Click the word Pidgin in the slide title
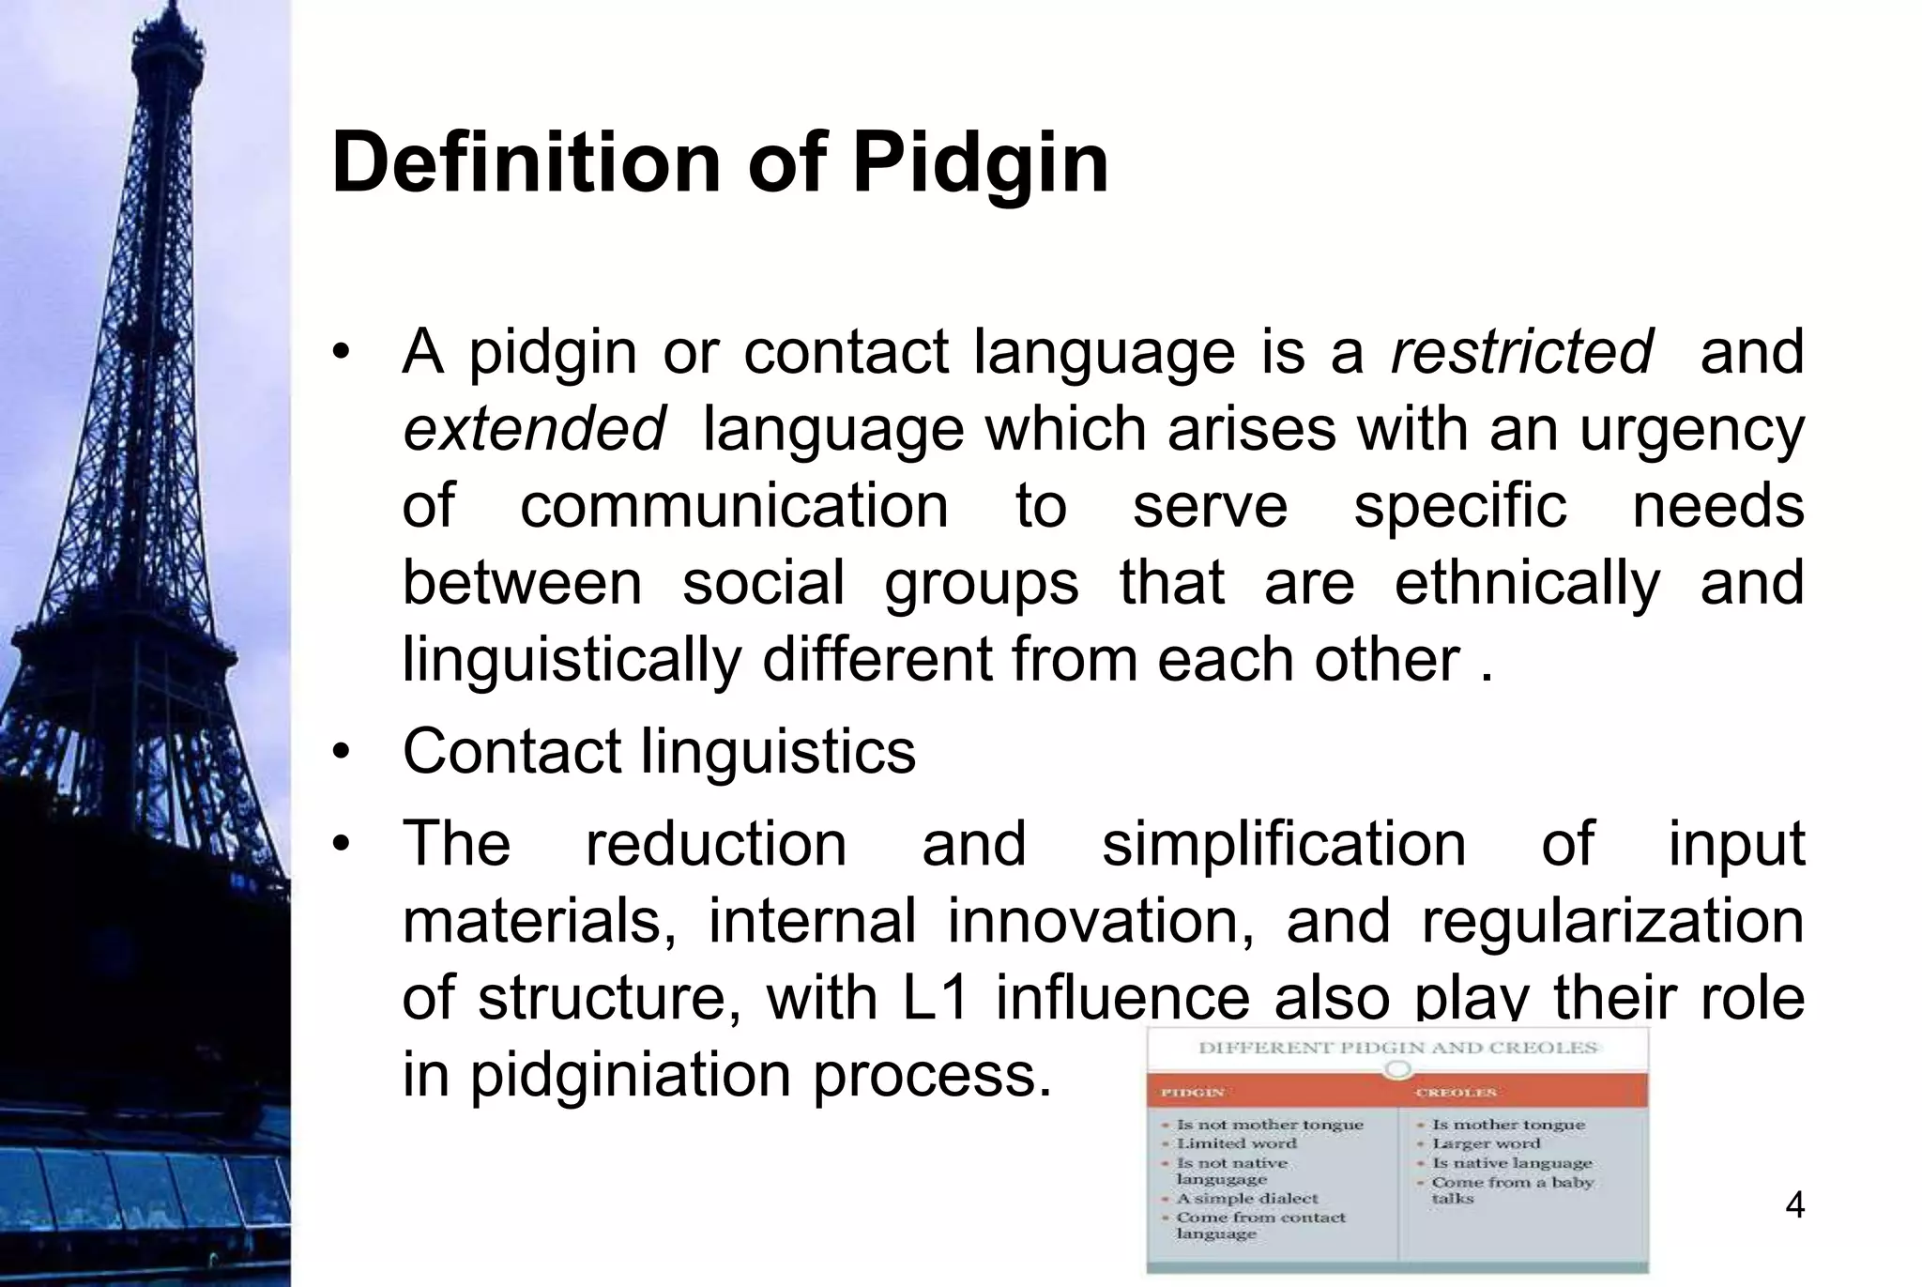(x=980, y=164)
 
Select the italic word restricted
(x=1521, y=352)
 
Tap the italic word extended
(x=534, y=429)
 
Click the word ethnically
(x=1527, y=583)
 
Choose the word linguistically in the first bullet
(x=572, y=660)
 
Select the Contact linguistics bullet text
(x=659, y=752)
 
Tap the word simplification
(x=1283, y=844)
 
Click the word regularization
(x=1612, y=921)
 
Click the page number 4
(x=1794, y=1205)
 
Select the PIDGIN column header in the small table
(x=1192, y=1093)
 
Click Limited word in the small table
(x=1236, y=1143)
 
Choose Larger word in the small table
(x=1486, y=1143)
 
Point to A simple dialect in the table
(x=1246, y=1199)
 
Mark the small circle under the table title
(x=1397, y=1069)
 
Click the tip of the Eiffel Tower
(x=173, y=8)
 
